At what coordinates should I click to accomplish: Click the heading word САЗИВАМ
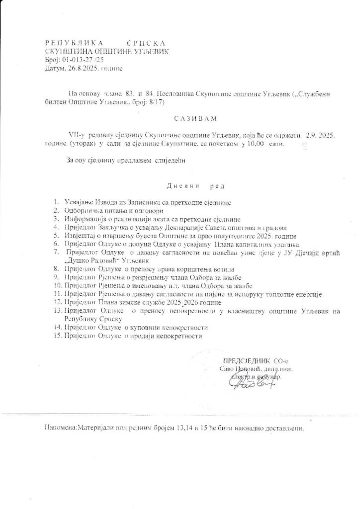point(180,119)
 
